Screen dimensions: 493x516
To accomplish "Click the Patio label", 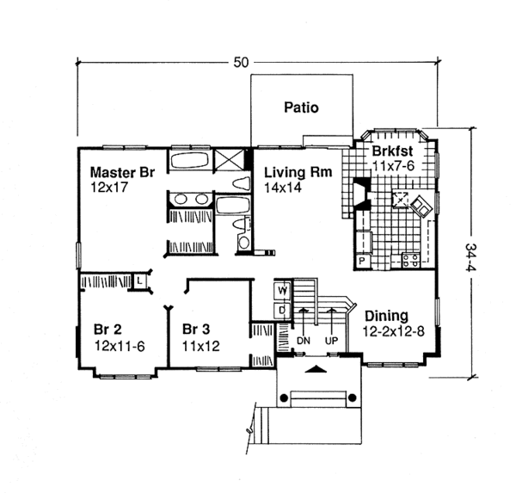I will click(x=301, y=108).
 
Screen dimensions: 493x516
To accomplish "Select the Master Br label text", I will click(x=122, y=171).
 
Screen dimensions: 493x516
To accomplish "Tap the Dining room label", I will click(x=386, y=315).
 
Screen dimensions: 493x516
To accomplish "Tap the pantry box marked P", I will click(x=362, y=260).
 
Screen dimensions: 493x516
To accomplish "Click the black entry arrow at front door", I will click(x=316, y=368).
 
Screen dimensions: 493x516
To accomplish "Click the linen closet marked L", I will click(x=139, y=280).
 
